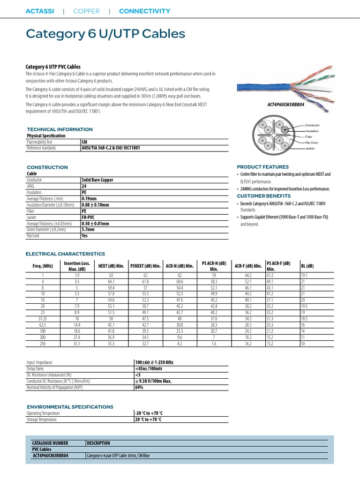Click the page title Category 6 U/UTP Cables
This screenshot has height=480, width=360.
click(105, 34)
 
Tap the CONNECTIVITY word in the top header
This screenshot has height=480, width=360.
click(144, 11)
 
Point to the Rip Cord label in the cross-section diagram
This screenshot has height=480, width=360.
click(311, 142)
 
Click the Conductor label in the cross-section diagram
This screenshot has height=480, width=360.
click(312, 125)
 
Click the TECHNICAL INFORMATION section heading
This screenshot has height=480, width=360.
click(60, 129)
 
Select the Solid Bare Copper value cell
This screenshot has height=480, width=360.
click(97, 180)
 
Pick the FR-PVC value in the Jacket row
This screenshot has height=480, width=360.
click(89, 217)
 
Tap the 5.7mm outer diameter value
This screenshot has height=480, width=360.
click(88, 230)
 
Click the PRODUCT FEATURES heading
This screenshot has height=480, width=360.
click(262, 167)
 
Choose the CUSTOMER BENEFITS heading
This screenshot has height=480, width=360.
click(263, 196)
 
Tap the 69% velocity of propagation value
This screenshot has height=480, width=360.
click(139, 388)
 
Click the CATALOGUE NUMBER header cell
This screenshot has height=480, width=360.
click(50, 443)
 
